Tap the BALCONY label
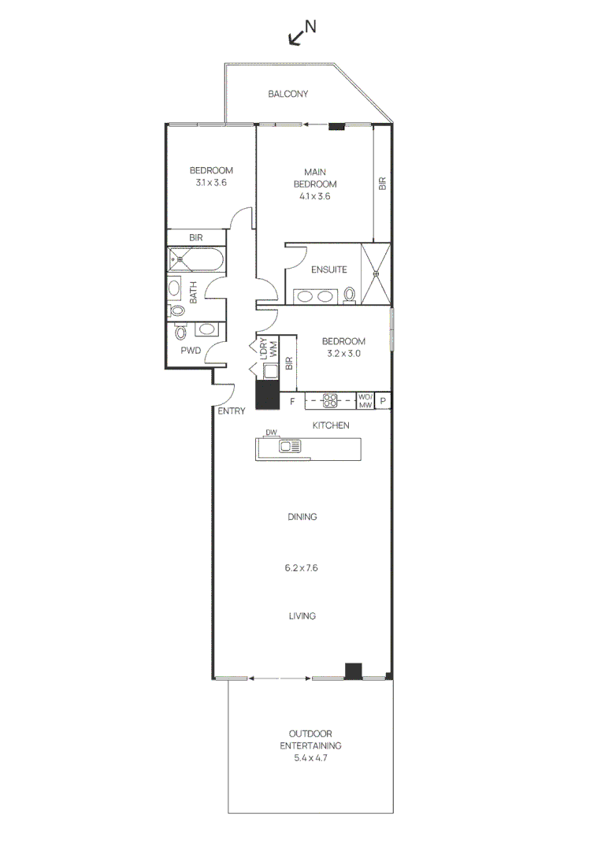tap(288, 94)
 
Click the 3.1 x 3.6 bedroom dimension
tap(211, 183)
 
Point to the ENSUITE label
tap(328, 269)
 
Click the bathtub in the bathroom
tap(195, 258)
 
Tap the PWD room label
tap(191, 349)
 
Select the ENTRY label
tap(232, 411)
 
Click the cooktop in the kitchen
tap(330, 401)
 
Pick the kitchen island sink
tap(290, 447)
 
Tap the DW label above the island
tap(271, 433)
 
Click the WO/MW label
tap(365, 401)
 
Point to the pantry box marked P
tap(383, 401)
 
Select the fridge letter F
tap(291, 402)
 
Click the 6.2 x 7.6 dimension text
tap(302, 567)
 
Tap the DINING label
tap(302, 517)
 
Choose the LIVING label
tap(302, 616)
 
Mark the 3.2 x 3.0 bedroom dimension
tap(343, 354)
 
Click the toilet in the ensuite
tap(350, 295)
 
